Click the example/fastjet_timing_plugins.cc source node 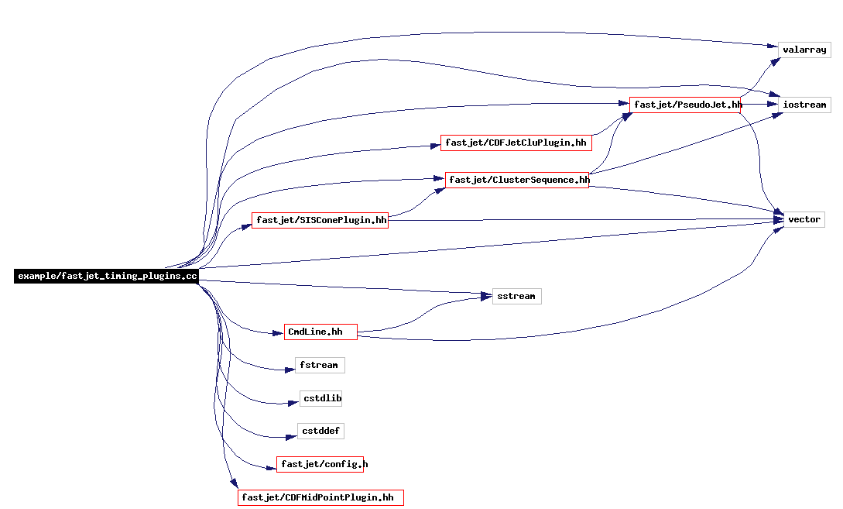pyautogui.click(x=107, y=276)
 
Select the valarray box pyautogui.click(x=804, y=50)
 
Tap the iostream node pyautogui.click(x=804, y=105)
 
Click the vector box pyautogui.click(x=804, y=219)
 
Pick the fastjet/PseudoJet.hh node pyautogui.click(x=685, y=105)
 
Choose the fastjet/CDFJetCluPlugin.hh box pyautogui.click(x=516, y=143)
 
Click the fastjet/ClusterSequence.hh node pyautogui.click(x=517, y=180)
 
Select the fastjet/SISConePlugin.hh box pyautogui.click(x=320, y=220)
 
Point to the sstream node pyautogui.click(x=516, y=297)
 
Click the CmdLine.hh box pyautogui.click(x=320, y=332)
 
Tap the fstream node pyautogui.click(x=320, y=366)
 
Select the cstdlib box pyautogui.click(x=321, y=399)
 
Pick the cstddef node pyautogui.click(x=320, y=432)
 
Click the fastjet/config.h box pyautogui.click(x=320, y=464)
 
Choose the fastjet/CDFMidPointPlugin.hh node pyautogui.click(x=320, y=497)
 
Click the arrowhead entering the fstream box pyautogui.click(x=290, y=370)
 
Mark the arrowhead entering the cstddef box pyautogui.click(x=292, y=437)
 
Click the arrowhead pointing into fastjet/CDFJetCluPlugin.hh pyautogui.click(x=435, y=146)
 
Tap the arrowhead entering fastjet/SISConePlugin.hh pyautogui.click(x=246, y=227)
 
